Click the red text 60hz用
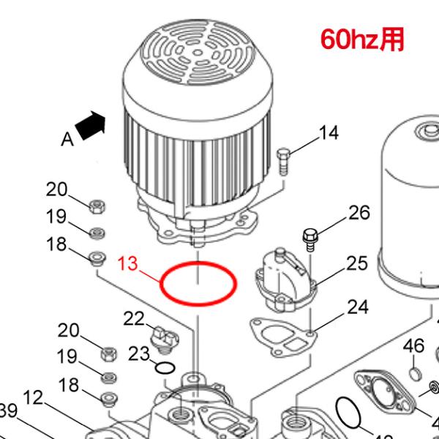pyautogui.click(x=361, y=39)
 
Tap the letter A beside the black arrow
pyautogui.click(x=67, y=138)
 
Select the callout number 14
pyautogui.click(x=329, y=132)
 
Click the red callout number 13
pyautogui.click(x=129, y=263)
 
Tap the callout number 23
pyautogui.click(x=139, y=353)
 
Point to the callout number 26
pyautogui.click(x=359, y=213)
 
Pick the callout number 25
pyautogui.click(x=357, y=263)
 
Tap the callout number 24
pyautogui.click(x=357, y=307)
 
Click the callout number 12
pyautogui.click(x=34, y=399)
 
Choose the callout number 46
pyautogui.click(x=414, y=345)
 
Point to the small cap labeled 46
pyautogui.click(x=414, y=375)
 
